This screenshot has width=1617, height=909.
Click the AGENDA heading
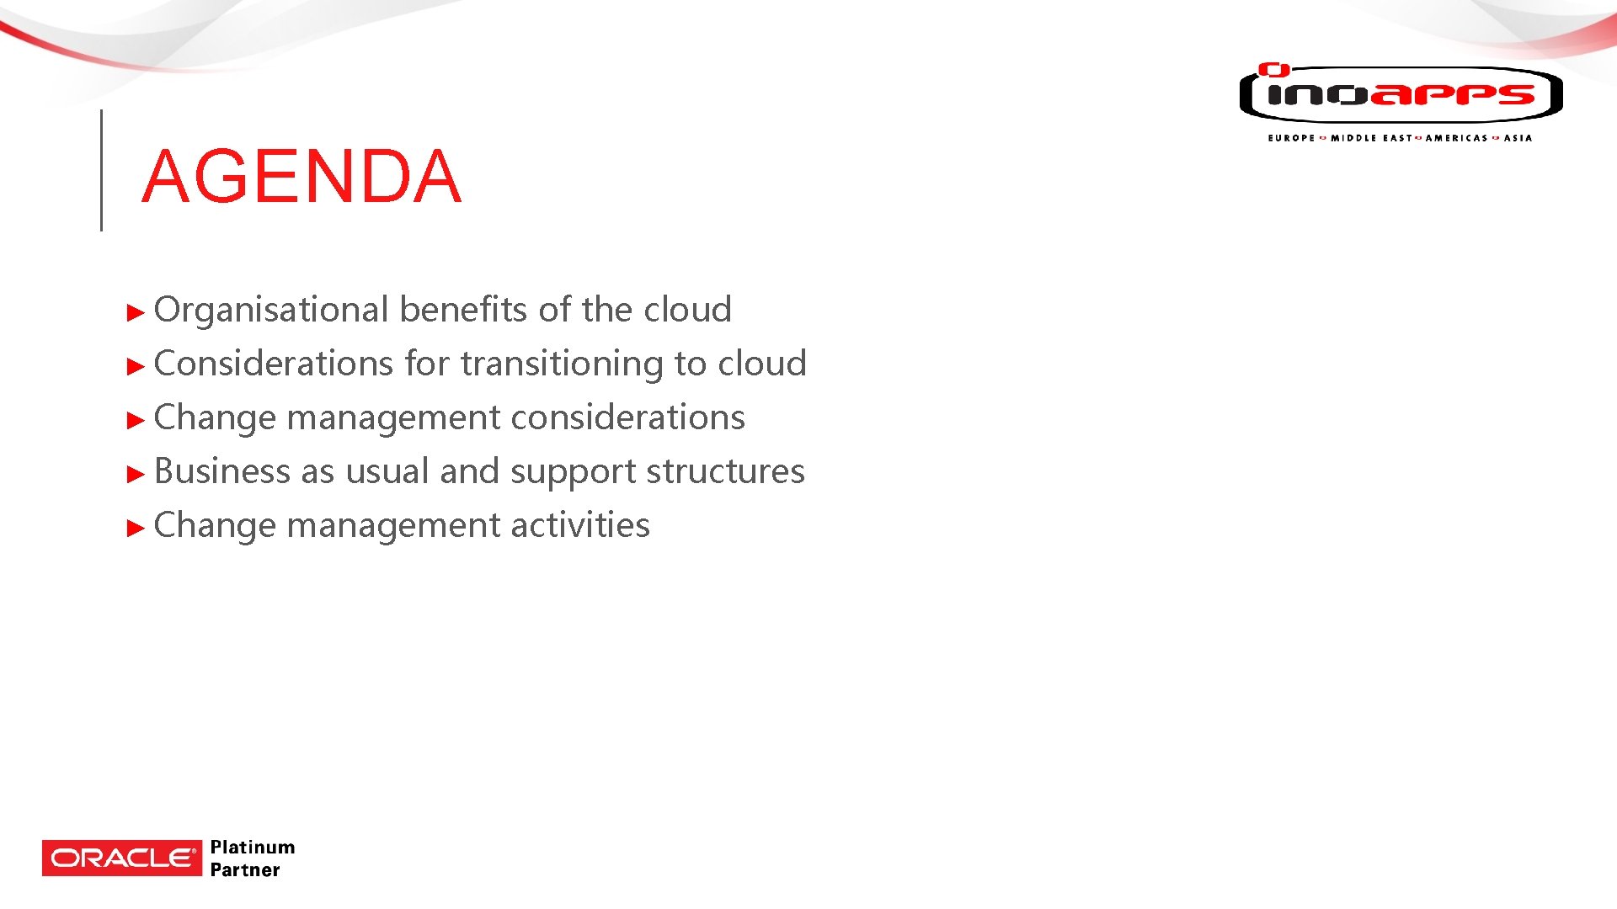point(302,177)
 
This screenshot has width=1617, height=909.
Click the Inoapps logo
point(1401,94)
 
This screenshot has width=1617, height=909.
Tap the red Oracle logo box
point(122,858)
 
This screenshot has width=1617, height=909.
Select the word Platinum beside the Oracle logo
point(253,847)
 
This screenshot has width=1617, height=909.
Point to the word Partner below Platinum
point(245,870)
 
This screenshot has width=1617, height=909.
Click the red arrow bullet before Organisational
point(136,313)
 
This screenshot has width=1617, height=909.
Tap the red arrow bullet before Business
point(136,475)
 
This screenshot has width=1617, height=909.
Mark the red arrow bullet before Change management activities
point(136,529)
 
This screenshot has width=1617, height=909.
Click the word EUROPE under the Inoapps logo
point(1291,138)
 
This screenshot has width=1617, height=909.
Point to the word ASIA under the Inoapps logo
point(1518,138)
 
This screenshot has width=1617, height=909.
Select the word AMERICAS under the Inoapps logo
point(1456,138)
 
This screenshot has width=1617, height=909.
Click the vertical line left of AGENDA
point(102,170)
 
